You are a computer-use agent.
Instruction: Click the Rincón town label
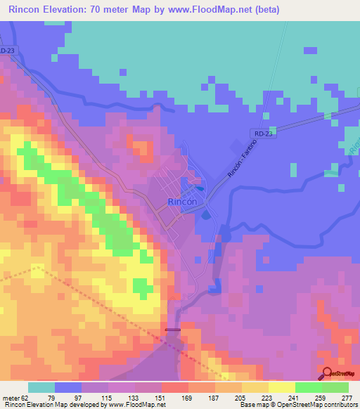coord(186,201)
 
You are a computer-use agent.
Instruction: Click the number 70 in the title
coord(134,9)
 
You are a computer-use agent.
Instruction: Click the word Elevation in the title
coord(86,9)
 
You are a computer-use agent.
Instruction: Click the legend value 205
coord(241,397)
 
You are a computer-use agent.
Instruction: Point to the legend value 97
coord(82,397)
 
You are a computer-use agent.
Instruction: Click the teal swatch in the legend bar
coord(41,387)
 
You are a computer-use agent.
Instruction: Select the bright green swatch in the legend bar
coord(308,387)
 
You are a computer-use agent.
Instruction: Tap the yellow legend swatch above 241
coord(281,387)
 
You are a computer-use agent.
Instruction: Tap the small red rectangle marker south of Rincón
coord(172,329)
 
